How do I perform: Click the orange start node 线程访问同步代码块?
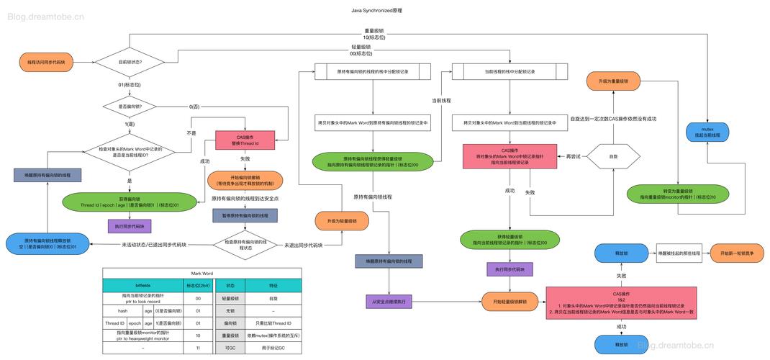(46, 63)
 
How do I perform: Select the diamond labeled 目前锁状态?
(130, 63)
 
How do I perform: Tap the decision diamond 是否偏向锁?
(130, 107)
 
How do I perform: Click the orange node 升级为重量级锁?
(612, 82)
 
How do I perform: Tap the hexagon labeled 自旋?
(612, 156)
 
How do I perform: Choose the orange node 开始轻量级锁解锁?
(509, 301)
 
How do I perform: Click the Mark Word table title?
(201, 273)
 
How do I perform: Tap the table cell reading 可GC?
(231, 348)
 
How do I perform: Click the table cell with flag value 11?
(197, 348)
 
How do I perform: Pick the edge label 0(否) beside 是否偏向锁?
(194, 107)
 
